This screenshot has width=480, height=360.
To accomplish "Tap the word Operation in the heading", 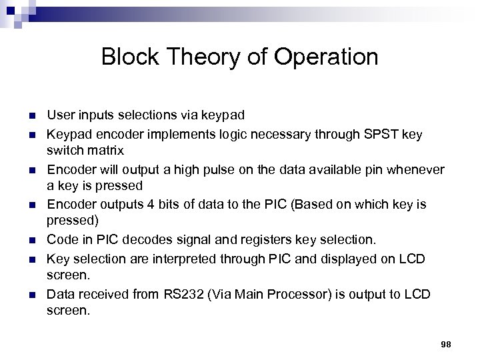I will click(x=329, y=57).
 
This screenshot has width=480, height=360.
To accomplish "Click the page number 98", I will click(x=447, y=343).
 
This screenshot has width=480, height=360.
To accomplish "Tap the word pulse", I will click(x=203, y=171).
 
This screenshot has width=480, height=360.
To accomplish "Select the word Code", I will click(x=59, y=239).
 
